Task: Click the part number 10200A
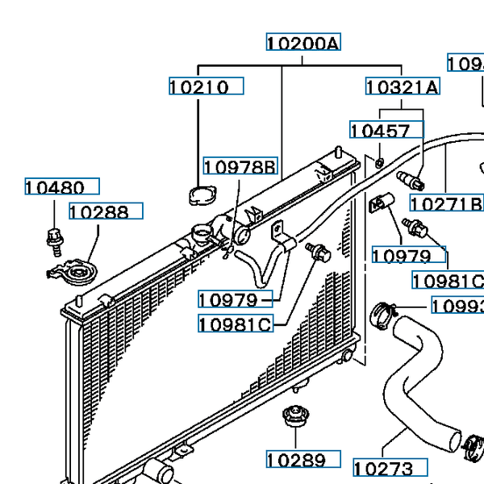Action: pyautogui.click(x=303, y=43)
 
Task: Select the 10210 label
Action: pyautogui.click(x=199, y=87)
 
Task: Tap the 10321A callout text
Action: pyautogui.click(x=403, y=87)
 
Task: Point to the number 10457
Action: pyautogui.click(x=380, y=131)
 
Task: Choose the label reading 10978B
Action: pyautogui.click(x=240, y=168)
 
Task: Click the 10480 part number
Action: pyautogui.click(x=55, y=188)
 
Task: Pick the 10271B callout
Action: pyautogui.click(x=446, y=203)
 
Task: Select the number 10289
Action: pyautogui.click(x=298, y=461)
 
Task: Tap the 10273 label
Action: pyautogui.click(x=383, y=468)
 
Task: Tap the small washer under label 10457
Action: pyautogui.click(x=379, y=164)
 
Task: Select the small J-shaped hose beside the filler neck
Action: pyautogui.click(x=257, y=270)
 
